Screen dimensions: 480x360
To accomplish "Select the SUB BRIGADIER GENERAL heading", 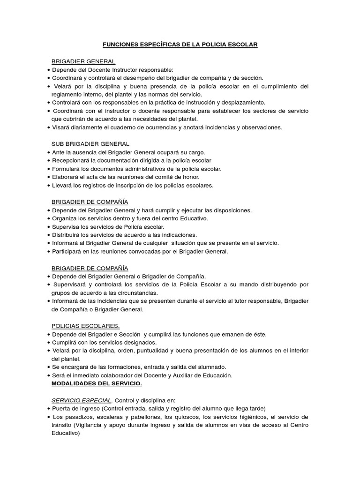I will pyautogui.click(x=90, y=144).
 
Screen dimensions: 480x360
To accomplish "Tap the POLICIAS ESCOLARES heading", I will pyautogui.click(x=85, y=326).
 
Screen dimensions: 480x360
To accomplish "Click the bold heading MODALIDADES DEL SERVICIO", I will pyautogui.click(x=97, y=383).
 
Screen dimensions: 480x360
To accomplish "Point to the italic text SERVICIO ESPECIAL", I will pyautogui.click(x=82, y=400).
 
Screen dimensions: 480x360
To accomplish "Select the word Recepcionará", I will pyautogui.click(x=72, y=160).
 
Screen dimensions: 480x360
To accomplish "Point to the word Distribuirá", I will pyautogui.click(x=67, y=235).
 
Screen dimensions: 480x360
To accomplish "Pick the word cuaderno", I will pyautogui.click(x=112, y=127).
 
